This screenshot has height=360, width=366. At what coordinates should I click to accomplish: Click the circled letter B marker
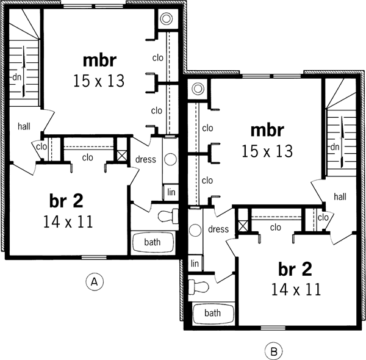[x=273, y=351]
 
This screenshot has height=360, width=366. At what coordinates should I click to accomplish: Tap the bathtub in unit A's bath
[x=152, y=242]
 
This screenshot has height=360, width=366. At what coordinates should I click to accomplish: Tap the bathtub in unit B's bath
[x=212, y=314]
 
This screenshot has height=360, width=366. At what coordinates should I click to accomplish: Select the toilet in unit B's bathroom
[x=198, y=286]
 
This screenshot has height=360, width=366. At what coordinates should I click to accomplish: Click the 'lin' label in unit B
[x=195, y=263]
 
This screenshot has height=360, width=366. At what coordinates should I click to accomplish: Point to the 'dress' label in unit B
[x=218, y=230]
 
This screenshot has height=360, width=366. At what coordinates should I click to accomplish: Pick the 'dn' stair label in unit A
[x=16, y=77]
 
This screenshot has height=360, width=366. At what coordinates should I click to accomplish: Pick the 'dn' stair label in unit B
[x=334, y=147]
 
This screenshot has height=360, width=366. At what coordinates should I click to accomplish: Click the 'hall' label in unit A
[x=24, y=126]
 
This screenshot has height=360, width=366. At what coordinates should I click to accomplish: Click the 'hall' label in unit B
[x=340, y=196]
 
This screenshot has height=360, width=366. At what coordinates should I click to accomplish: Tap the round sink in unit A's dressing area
[x=170, y=160]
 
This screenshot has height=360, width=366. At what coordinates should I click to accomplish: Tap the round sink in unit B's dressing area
[x=195, y=231]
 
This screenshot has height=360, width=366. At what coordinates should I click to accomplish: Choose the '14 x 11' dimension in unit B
[x=296, y=289]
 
